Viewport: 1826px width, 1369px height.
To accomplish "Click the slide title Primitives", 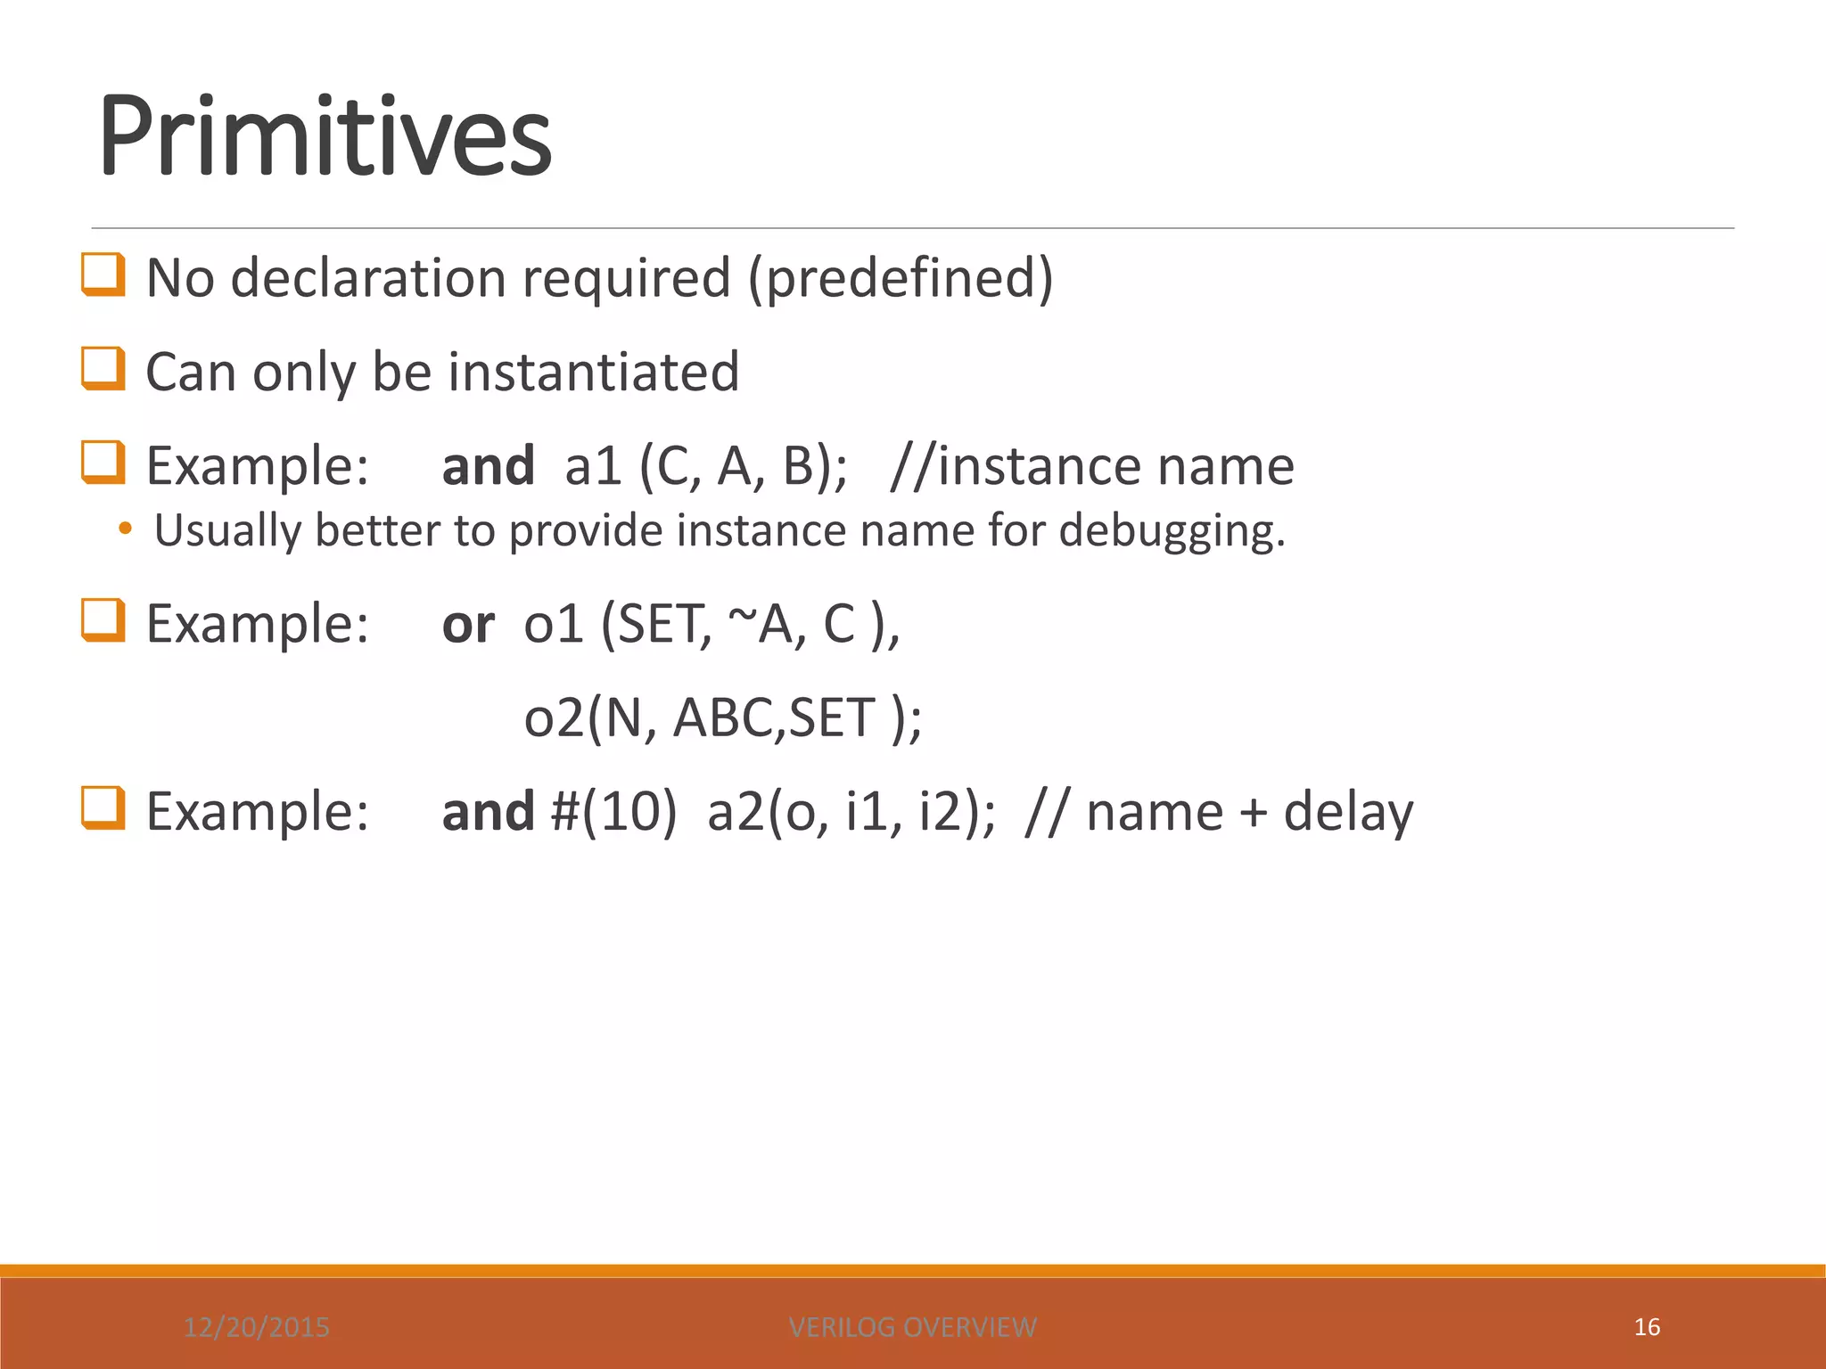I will pyautogui.click(x=325, y=138).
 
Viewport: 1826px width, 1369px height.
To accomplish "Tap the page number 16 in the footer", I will pyautogui.click(x=1647, y=1327).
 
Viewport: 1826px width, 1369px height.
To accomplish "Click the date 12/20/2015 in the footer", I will pyautogui.click(x=257, y=1327).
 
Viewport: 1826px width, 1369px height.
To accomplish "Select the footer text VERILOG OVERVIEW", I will pyautogui.click(x=912, y=1327).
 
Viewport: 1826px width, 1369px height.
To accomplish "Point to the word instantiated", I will pyautogui.click(x=593, y=372).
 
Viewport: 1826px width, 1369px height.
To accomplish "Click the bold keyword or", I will pyautogui.click(x=468, y=624).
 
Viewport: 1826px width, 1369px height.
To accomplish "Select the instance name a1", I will pyautogui.click(x=593, y=466).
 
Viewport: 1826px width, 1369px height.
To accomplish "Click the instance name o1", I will pyautogui.click(x=553, y=624).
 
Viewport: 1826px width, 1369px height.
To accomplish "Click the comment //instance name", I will pyautogui.click(x=1091, y=466).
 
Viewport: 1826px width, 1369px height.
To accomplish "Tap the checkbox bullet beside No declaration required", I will pyautogui.click(x=103, y=275).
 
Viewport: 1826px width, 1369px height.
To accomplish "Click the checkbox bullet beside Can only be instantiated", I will pyautogui.click(x=103, y=368).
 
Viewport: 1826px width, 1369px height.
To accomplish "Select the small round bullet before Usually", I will pyautogui.click(x=125, y=529).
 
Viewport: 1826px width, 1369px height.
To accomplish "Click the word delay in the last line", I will pyautogui.click(x=1348, y=812).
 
